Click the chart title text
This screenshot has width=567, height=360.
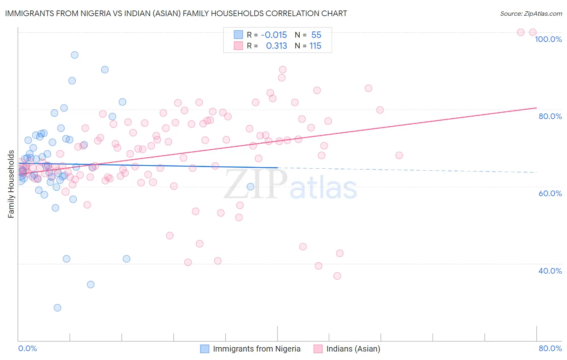[176, 13]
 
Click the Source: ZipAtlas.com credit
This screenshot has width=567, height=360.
[531, 13]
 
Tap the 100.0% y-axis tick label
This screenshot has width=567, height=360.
[548, 39]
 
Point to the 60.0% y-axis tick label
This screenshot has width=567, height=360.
[550, 193]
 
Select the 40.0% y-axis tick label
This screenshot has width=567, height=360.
[550, 271]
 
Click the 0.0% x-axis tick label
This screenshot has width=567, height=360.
[27, 349]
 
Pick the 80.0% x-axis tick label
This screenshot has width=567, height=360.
[550, 349]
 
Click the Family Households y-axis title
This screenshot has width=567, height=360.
[11, 184]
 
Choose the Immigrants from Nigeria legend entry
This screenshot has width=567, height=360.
[256, 349]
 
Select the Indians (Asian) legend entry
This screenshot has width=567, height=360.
[353, 349]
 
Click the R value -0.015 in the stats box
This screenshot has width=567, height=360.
[274, 35]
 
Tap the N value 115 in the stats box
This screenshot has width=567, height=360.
[315, 46]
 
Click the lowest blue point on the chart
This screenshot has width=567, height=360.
[58, 308]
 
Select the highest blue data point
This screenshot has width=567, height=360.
[75, 55]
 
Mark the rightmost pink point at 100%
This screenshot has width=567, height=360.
[533, 32]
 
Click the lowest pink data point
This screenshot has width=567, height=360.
[337, 276]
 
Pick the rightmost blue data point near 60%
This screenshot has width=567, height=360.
[250, 186]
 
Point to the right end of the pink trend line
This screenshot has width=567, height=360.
[536, 108]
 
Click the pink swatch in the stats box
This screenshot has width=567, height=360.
[238, 46]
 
